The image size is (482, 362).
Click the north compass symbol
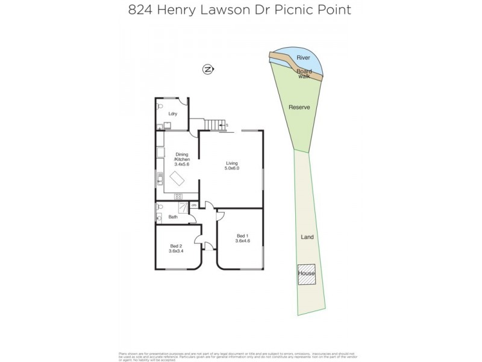208,69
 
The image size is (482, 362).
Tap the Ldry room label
172,113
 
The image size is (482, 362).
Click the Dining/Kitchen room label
181,159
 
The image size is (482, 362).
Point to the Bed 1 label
242,238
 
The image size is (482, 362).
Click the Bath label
173,216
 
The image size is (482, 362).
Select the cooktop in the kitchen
178,196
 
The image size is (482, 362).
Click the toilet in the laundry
160,126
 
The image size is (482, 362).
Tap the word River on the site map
304,58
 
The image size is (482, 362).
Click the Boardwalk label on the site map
304,74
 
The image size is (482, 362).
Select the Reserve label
299,107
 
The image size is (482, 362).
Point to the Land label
307,237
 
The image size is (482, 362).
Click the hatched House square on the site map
307,273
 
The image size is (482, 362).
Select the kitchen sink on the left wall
160,177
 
